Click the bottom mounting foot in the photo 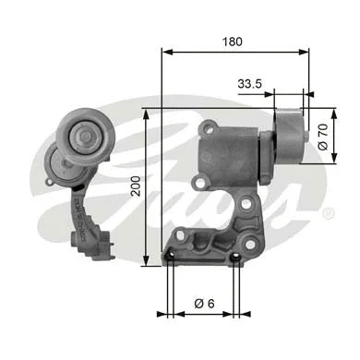96,245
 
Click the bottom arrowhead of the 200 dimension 146,264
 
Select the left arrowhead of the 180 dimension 166,53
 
